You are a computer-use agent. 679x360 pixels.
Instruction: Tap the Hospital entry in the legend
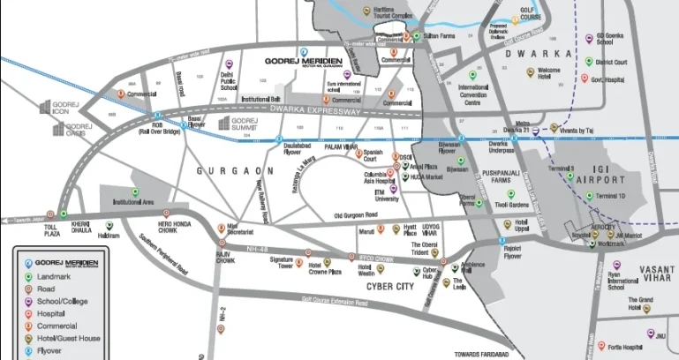coord(53,314)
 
